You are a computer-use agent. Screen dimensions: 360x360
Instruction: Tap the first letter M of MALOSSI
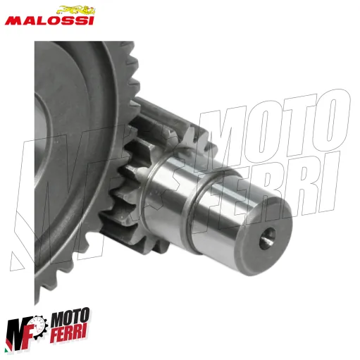tap(12, 20)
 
